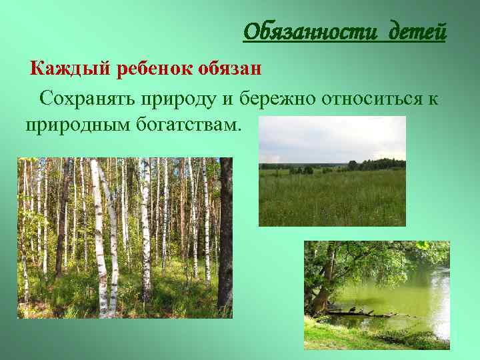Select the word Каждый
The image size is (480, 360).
coord(70,69)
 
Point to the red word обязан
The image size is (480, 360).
coord(229,69)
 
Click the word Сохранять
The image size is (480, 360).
coord(87,99)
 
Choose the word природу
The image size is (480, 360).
coord(178,99)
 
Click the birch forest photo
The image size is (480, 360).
coord(125,237)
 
